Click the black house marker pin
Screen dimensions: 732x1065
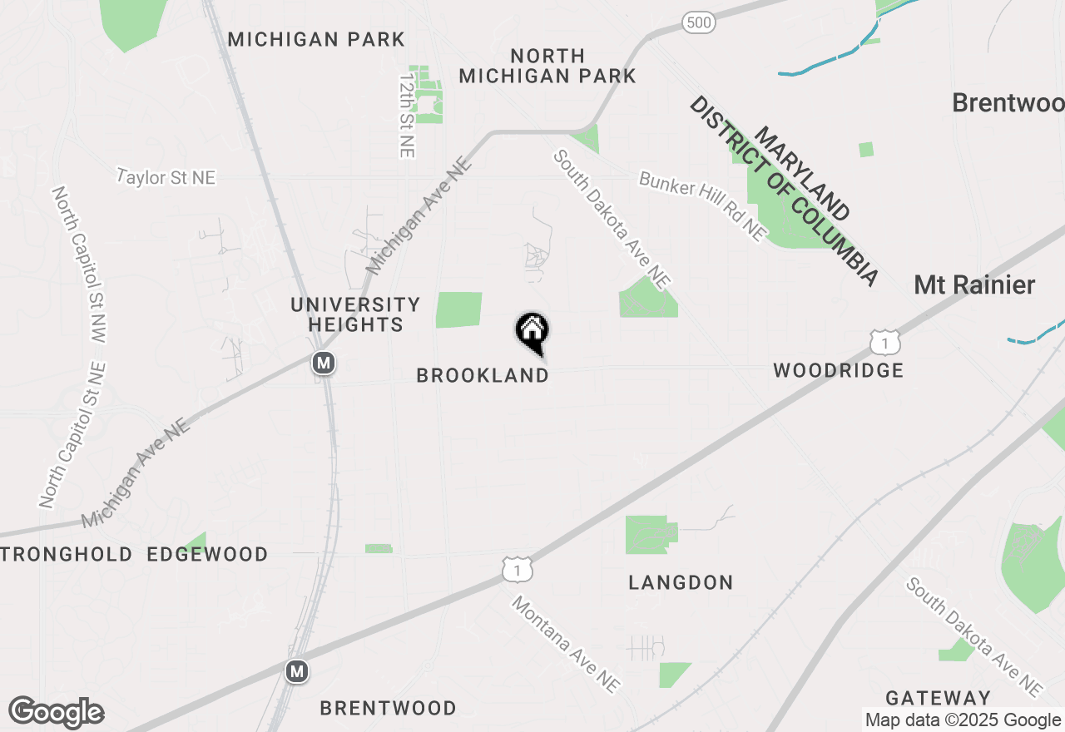(532, 332)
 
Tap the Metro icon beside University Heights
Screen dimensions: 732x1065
(324, 363)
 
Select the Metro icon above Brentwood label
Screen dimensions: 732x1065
(297, 670)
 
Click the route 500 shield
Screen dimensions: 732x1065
(699, 22)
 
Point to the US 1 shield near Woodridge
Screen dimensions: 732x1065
(885, 342)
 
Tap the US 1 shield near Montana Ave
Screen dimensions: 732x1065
(518, 570)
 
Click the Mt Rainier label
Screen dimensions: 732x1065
(974, 285)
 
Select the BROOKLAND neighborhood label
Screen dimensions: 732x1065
(483, 376)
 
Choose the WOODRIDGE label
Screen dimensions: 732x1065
(838, 371)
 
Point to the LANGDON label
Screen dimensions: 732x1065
(681, 583)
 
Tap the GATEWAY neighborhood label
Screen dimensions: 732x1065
(938, 698)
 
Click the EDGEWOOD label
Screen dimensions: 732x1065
(207, 555)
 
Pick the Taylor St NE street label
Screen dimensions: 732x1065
(166, 177)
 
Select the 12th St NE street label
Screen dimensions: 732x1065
(406, 115)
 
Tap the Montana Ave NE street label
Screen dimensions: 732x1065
(566, 644)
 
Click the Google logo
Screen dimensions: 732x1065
(56, 713)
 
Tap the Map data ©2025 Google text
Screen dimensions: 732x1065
(963, 720)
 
